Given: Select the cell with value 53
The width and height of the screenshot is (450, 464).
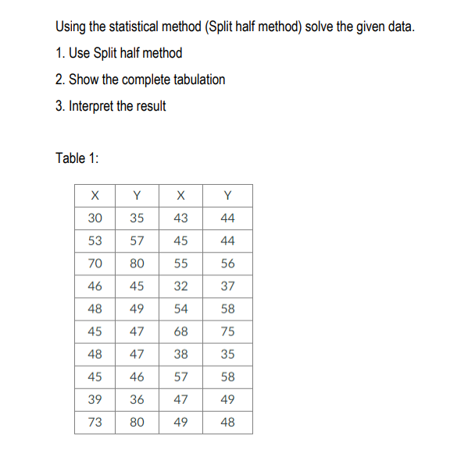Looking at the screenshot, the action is point(95,241).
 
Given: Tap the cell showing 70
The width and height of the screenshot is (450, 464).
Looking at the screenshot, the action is point(95,264).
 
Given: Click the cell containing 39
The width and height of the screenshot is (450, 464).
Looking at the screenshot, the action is point(95,400).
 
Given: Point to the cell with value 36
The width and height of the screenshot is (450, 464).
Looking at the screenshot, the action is point(137,400).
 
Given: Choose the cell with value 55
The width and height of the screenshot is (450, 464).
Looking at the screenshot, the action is point(181,264).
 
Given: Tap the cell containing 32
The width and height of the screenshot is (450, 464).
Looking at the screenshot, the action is point(181,286).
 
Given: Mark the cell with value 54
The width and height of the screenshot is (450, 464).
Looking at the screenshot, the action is point(181,309).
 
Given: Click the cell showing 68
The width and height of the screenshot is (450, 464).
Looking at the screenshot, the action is point(181,331).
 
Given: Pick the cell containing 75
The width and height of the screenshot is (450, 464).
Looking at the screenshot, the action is point(227,331).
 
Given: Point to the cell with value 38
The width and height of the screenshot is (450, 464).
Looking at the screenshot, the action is point(181,354).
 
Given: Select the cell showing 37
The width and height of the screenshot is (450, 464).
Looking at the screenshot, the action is point(227,286).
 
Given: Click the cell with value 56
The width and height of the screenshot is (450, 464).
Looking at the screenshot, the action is point(227,264).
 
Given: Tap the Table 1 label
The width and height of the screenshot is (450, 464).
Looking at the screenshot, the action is point(77,158).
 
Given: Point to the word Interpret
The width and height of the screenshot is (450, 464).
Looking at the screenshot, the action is point(91,106).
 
